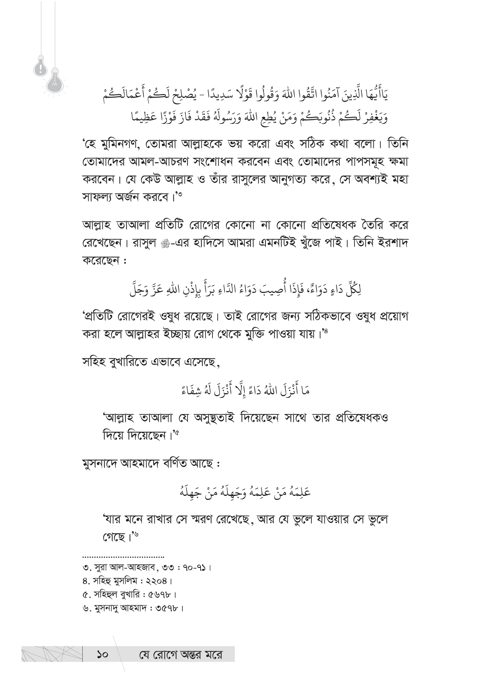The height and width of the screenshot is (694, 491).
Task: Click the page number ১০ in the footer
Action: pos(102,654)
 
